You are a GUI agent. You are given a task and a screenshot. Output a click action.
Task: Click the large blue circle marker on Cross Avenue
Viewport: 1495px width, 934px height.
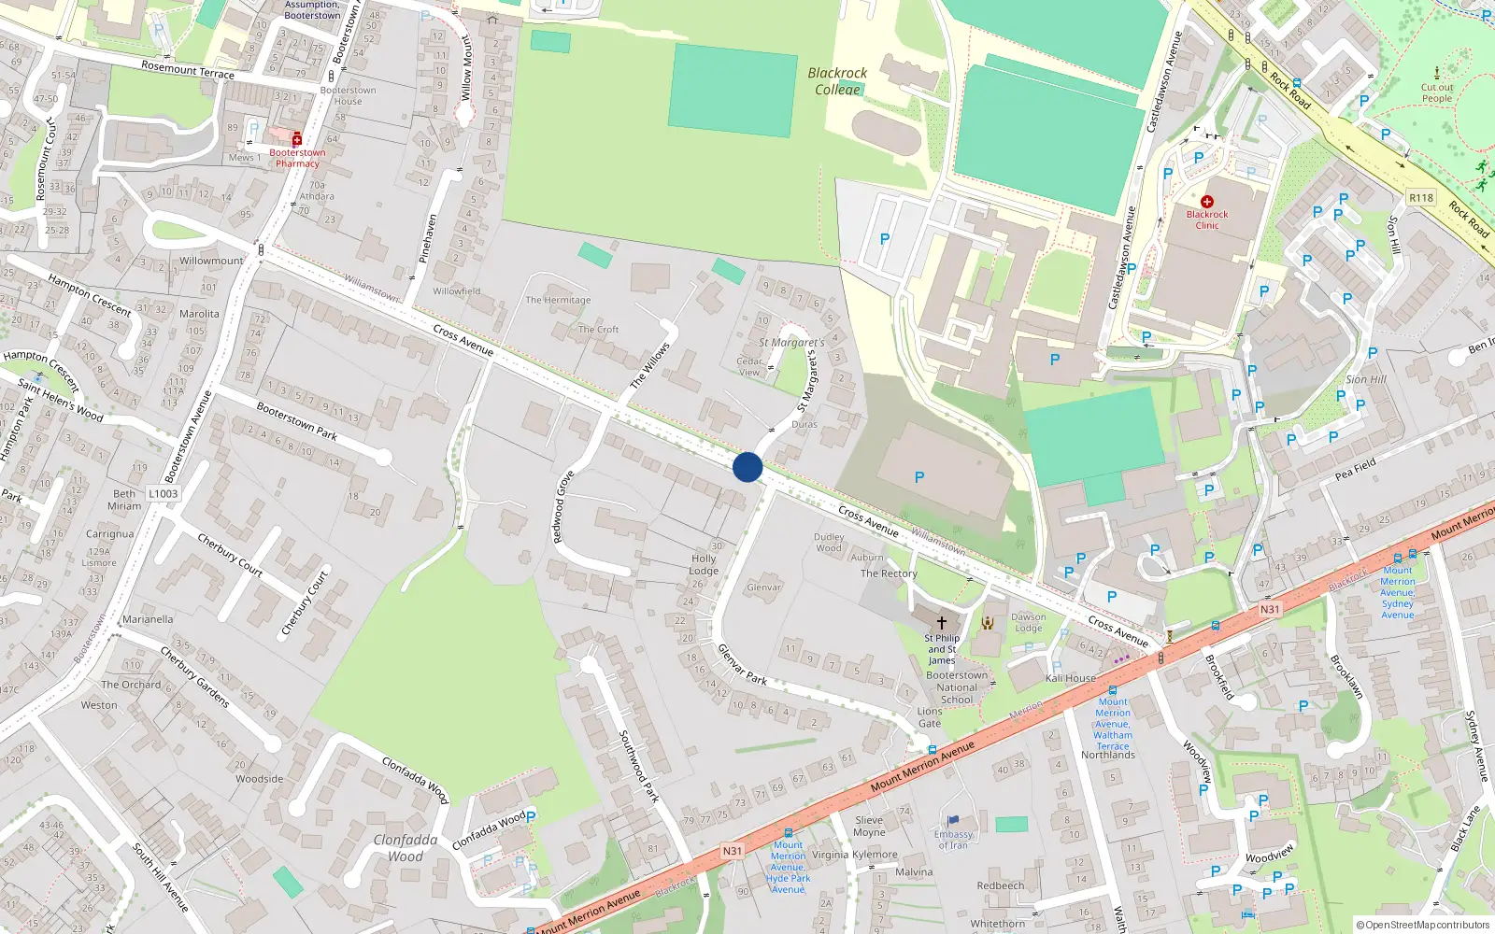point(747,467)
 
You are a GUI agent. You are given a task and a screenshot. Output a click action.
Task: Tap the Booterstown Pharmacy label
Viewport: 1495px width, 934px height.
point(297,158)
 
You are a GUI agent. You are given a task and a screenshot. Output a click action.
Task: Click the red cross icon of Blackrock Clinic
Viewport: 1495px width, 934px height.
point(1207,202)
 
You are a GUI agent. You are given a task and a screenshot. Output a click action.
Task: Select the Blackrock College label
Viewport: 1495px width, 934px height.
point(837,81)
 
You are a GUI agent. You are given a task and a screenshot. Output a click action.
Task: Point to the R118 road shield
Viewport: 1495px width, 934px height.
point(1420,198)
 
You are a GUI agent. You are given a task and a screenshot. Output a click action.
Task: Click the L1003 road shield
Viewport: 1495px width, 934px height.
point(163,494)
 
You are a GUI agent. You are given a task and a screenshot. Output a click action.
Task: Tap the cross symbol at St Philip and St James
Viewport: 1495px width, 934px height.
point(942,622)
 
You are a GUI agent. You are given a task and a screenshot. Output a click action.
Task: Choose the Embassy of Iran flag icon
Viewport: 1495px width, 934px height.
point(954,821)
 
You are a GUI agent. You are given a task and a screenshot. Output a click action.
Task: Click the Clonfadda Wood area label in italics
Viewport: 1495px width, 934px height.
point(406,848)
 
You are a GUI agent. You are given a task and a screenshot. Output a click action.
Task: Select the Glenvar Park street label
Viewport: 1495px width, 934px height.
point(742,664)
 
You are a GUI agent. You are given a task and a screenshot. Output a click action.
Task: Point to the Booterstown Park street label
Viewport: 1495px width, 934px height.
point(296,421)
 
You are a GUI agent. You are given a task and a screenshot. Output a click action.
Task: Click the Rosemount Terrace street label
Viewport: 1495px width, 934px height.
point(188,69)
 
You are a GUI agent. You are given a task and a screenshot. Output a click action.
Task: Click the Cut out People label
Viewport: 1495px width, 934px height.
point(1437,92)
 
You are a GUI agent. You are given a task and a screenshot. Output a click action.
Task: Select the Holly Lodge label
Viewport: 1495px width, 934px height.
point(704,564)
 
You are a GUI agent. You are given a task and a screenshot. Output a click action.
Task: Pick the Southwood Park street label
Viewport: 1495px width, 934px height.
point(639,767)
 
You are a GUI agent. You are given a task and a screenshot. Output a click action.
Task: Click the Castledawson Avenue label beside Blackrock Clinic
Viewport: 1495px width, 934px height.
point(1121,258)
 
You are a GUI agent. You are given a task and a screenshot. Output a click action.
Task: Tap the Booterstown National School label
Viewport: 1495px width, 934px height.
point(957,687)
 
